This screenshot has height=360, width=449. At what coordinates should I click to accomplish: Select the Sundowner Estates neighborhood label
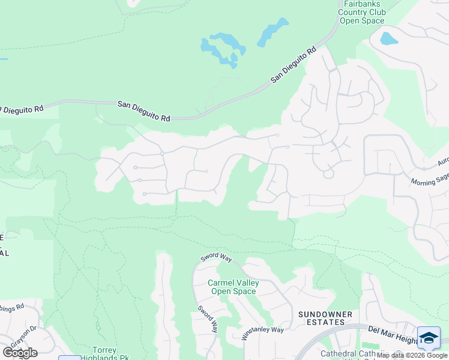click(322, 317)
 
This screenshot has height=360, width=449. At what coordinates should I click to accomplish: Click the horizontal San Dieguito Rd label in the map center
click(143, 112)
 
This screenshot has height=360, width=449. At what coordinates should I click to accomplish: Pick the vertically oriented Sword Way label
click(208, 320)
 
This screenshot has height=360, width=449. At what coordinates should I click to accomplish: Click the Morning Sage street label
click(429, 178)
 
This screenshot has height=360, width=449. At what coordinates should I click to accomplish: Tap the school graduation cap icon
click(429, 338)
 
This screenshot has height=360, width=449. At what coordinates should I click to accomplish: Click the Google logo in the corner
click(19, 353)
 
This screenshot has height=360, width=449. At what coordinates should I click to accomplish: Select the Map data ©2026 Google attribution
click(412, 356)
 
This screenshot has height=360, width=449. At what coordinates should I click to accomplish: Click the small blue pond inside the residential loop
click(389, 38)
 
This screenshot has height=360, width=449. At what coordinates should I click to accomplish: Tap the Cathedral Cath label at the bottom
click(347, 353)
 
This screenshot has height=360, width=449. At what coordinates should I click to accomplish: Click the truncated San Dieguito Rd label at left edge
click(22, 110)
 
